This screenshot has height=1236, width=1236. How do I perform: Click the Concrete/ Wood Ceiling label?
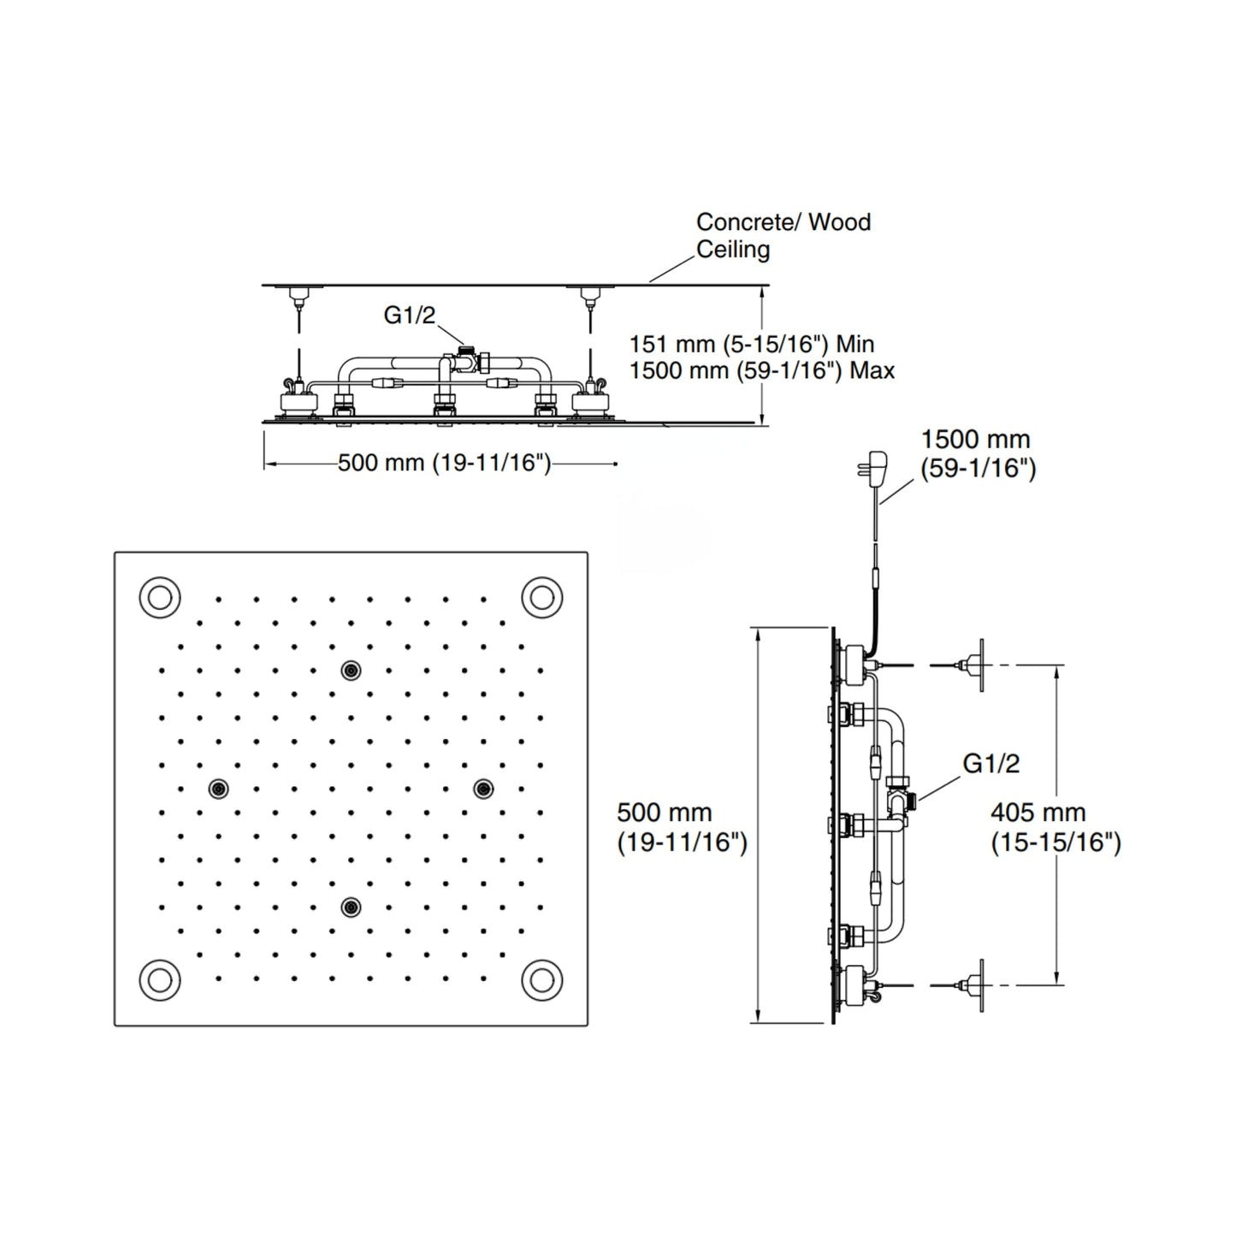(784, 235)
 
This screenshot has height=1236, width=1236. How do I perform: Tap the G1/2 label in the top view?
(409, 314)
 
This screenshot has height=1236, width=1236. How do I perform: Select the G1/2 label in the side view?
(991, 763)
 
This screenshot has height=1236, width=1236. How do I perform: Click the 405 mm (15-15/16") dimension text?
(1056, 827)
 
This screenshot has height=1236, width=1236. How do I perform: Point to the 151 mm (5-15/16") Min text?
(752, 345)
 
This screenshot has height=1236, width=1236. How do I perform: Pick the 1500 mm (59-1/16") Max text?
(761, 370)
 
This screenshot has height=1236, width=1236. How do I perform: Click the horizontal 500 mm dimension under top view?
(444, 463)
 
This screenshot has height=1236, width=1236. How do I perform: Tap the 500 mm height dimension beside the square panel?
(682, 827)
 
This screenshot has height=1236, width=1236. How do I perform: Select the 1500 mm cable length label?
(979, 453)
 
